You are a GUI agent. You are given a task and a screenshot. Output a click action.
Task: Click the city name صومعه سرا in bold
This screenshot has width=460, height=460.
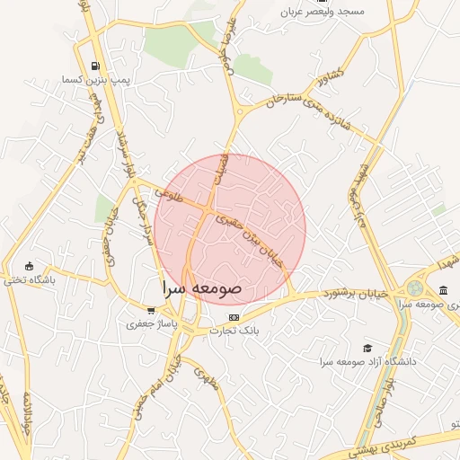coord(201,289)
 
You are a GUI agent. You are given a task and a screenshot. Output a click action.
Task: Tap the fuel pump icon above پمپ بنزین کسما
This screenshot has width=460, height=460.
coord(96,65)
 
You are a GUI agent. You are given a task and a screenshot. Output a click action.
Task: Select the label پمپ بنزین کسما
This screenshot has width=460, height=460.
coord(97,80)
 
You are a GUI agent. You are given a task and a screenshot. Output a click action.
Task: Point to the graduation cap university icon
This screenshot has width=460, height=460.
coord(367,348)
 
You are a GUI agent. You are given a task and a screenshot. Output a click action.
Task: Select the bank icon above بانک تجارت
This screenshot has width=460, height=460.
coord(234,317)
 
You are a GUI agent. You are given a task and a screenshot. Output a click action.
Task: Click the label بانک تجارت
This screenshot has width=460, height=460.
coord(234,330)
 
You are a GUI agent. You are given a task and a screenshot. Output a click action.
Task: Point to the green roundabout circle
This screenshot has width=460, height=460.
coord(414,288)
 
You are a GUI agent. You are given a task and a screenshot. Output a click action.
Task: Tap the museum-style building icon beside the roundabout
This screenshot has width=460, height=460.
coord(443,289)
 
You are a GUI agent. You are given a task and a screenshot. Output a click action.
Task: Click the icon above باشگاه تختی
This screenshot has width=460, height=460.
coord(30,266)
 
